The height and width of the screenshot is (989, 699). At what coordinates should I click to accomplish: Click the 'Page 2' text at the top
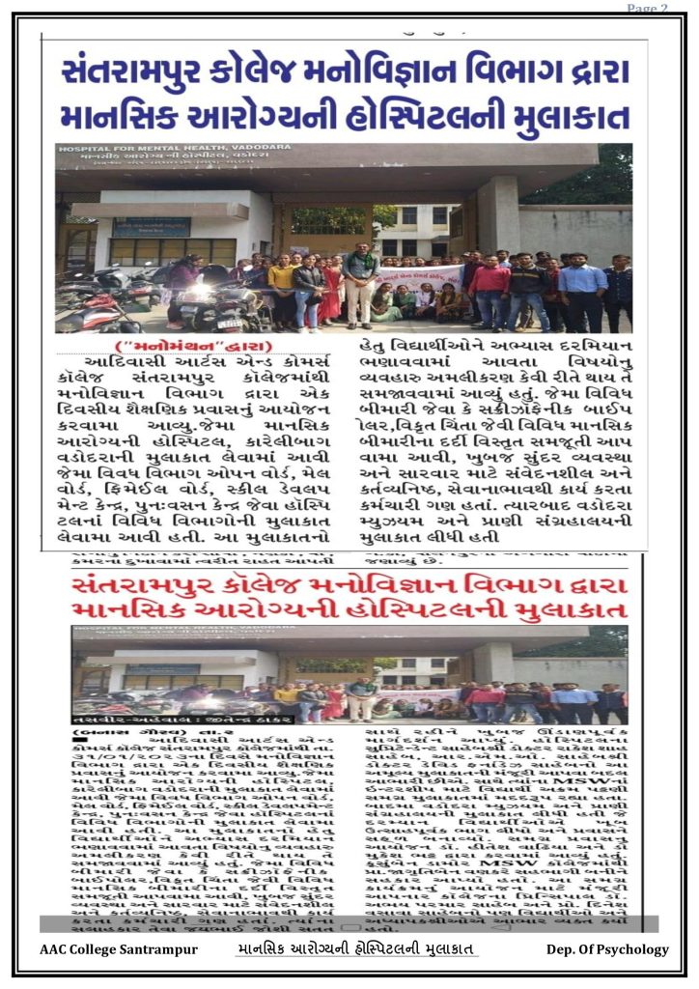coord(647,9)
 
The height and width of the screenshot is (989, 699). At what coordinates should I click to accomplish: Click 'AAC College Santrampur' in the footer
coord(106,949)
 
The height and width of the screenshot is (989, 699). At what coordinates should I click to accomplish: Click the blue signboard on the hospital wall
coord(151,227)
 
